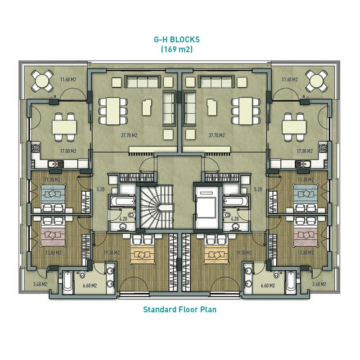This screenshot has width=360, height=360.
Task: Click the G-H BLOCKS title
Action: [x=176, y=40]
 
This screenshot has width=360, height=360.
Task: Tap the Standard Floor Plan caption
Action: [x=180, y=310]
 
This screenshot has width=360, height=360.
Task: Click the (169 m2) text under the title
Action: [x=176, y=49]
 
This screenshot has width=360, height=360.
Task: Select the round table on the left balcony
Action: [x=42, y=81]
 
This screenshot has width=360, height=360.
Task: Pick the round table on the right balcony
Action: [x=317, y=81]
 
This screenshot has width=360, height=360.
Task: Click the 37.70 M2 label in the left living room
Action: [x=129, y=135]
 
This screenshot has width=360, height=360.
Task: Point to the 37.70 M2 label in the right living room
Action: [x=216, y=135]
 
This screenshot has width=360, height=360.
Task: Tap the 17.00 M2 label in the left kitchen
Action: [x=68, y=151]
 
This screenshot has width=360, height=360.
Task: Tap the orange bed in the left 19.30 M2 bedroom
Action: [x=143, y=254]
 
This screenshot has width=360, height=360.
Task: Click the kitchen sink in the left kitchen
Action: [x=55, y=164]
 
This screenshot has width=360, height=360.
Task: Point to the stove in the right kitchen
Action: [x=323, y=148]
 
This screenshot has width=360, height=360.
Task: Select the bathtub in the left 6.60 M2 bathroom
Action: [x=68, y=283]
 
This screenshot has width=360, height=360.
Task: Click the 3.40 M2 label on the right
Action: [x=319, y=284]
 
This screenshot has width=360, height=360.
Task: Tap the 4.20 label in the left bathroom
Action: [x=123, y=219]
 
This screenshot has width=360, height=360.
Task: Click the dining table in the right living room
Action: [x=245, y=111]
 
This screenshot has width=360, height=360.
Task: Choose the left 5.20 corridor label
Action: [x=100, y=189]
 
